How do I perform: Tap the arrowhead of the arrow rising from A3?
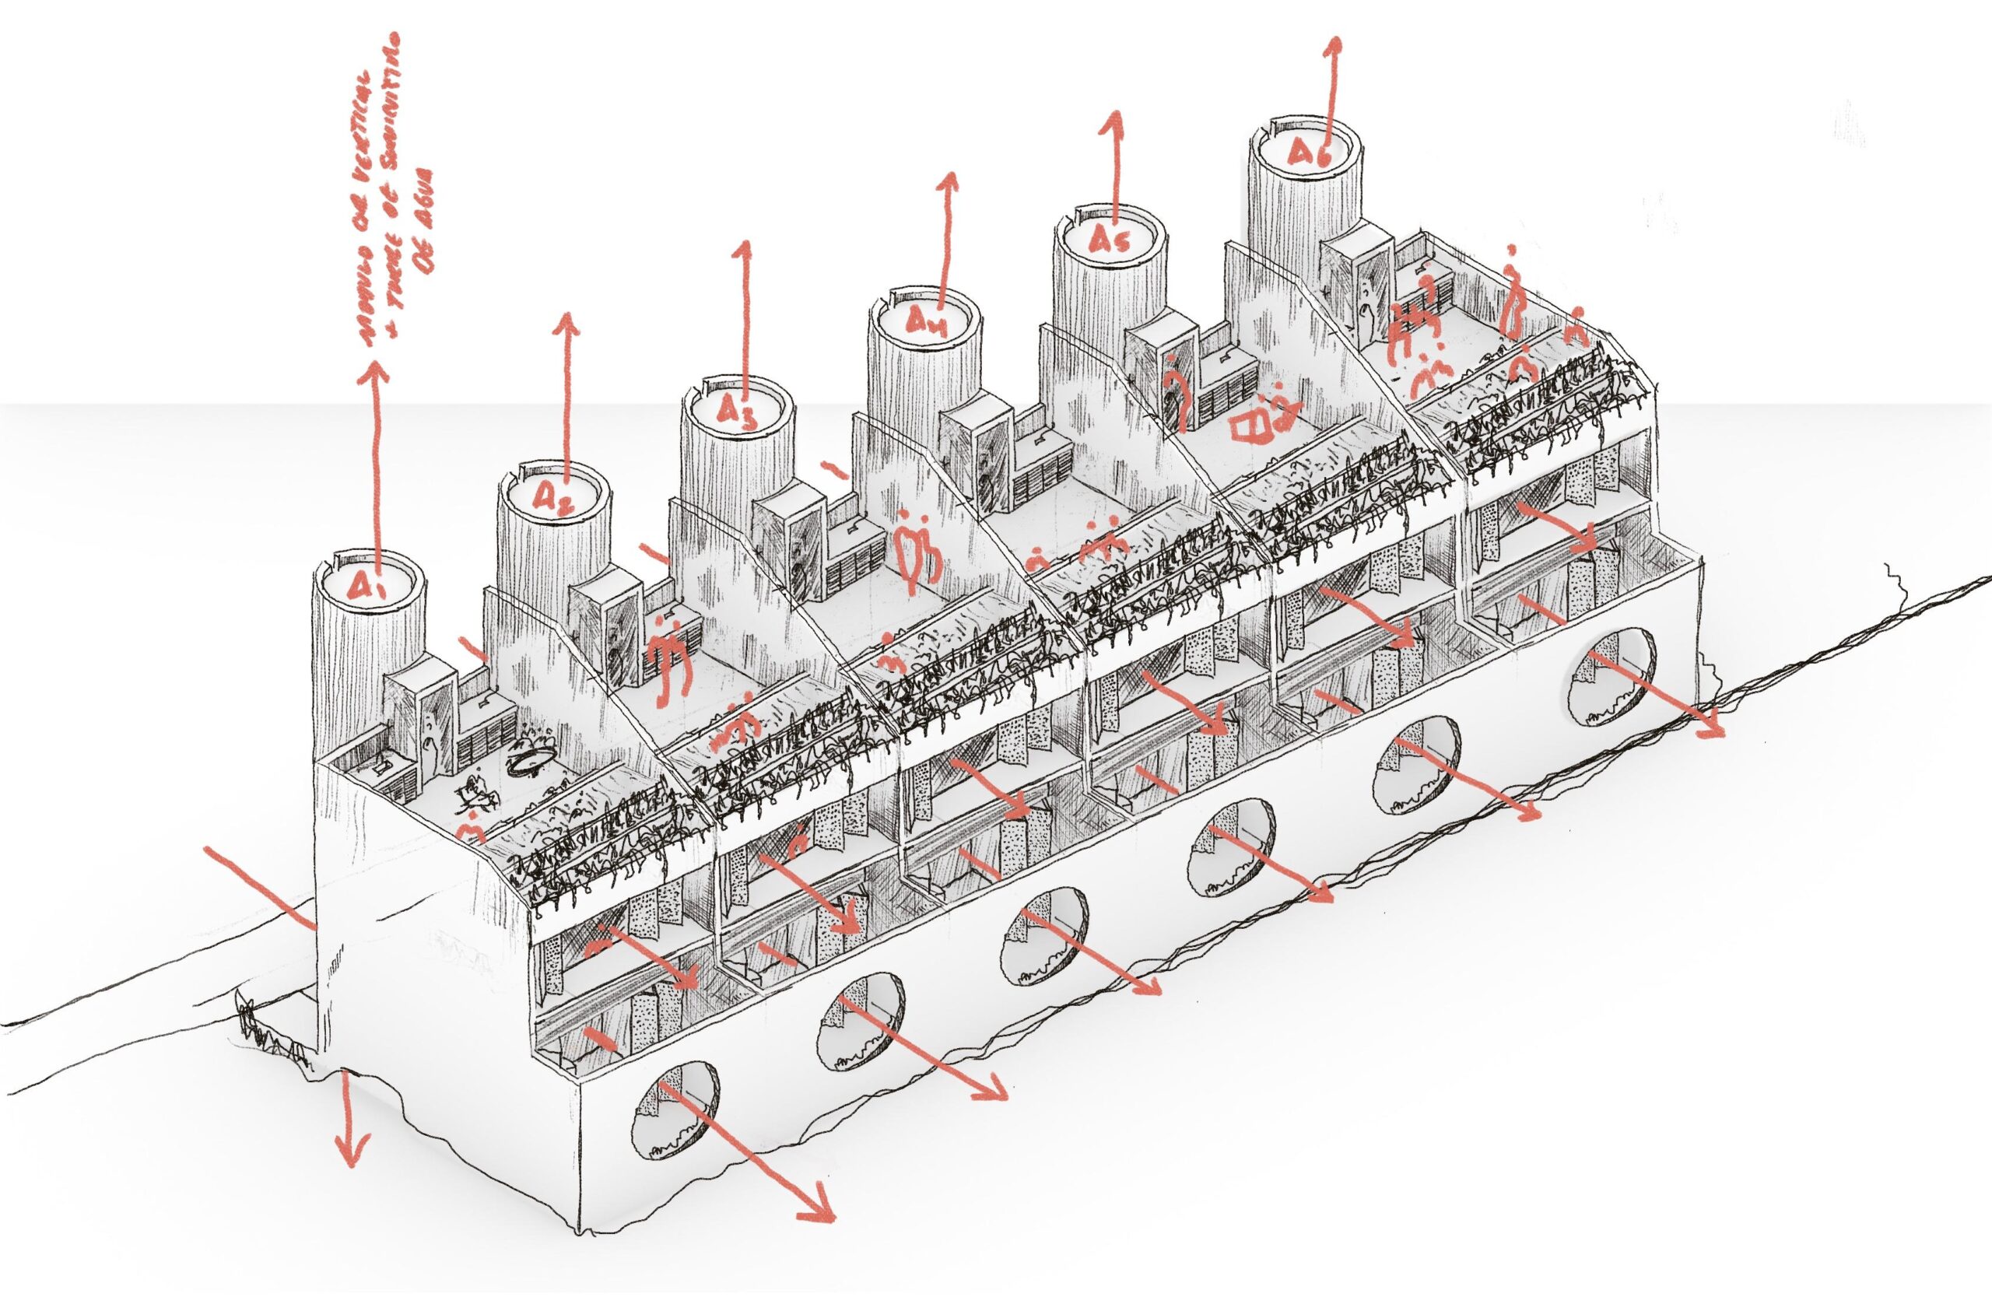pos(740,251)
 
